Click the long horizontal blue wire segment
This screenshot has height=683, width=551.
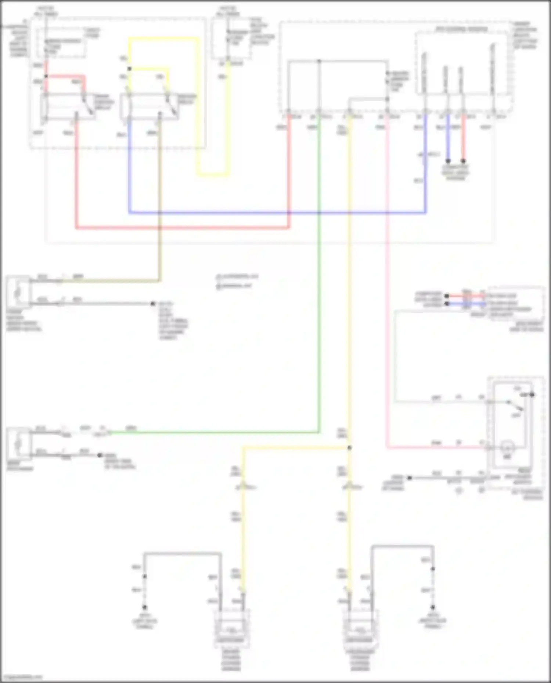point(275,212)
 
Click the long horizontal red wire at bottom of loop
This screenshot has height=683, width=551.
point(184,228)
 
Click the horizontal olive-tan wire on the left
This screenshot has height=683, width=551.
point(110,281)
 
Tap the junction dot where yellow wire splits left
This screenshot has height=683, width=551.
point(349,448)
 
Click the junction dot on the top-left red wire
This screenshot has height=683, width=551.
point(46,76)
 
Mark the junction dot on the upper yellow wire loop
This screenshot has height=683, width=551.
point(129,69)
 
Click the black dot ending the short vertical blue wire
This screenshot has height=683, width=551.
point(448,161)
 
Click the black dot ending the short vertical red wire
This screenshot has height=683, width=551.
point(463,161)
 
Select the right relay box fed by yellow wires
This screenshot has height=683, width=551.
point(149,106)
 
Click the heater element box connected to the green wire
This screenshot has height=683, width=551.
point(18,444)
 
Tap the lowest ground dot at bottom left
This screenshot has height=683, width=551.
point(145,607)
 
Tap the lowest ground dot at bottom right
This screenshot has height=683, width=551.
point(433,607)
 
